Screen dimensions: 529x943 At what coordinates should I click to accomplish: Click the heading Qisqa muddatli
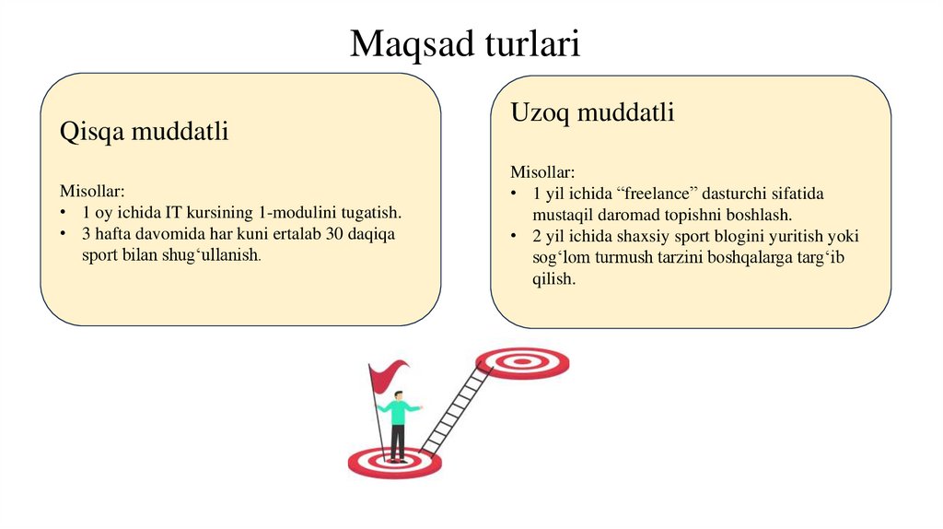(144, 133)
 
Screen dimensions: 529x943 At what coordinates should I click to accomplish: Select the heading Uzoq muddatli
(592, 113)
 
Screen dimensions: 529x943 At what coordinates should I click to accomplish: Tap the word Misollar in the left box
(91, 192)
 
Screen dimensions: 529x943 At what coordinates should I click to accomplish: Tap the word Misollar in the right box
(542, 172)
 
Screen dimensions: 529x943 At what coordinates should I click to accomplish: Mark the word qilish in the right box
(553, 278)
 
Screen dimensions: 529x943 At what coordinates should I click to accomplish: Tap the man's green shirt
(398, 412)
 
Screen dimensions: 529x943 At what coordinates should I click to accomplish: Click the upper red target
(522, 361)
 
